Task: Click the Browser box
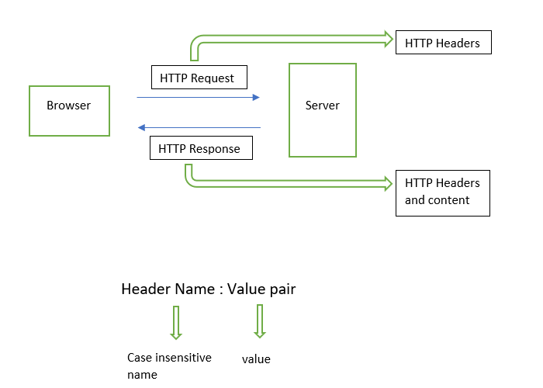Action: (68, 111)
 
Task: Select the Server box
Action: (322, 110)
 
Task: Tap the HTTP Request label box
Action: (198, 78)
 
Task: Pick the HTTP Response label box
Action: (200, 148)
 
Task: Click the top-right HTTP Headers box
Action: (443, 43)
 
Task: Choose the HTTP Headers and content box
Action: (442, 192)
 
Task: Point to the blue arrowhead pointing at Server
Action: (255, 98)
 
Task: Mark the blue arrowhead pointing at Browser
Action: (140, 127)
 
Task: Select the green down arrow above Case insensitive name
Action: (176, 324)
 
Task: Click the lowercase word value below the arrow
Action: (256, 359)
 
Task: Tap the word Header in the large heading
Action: (145, 289)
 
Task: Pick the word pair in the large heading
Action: (282, 289)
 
